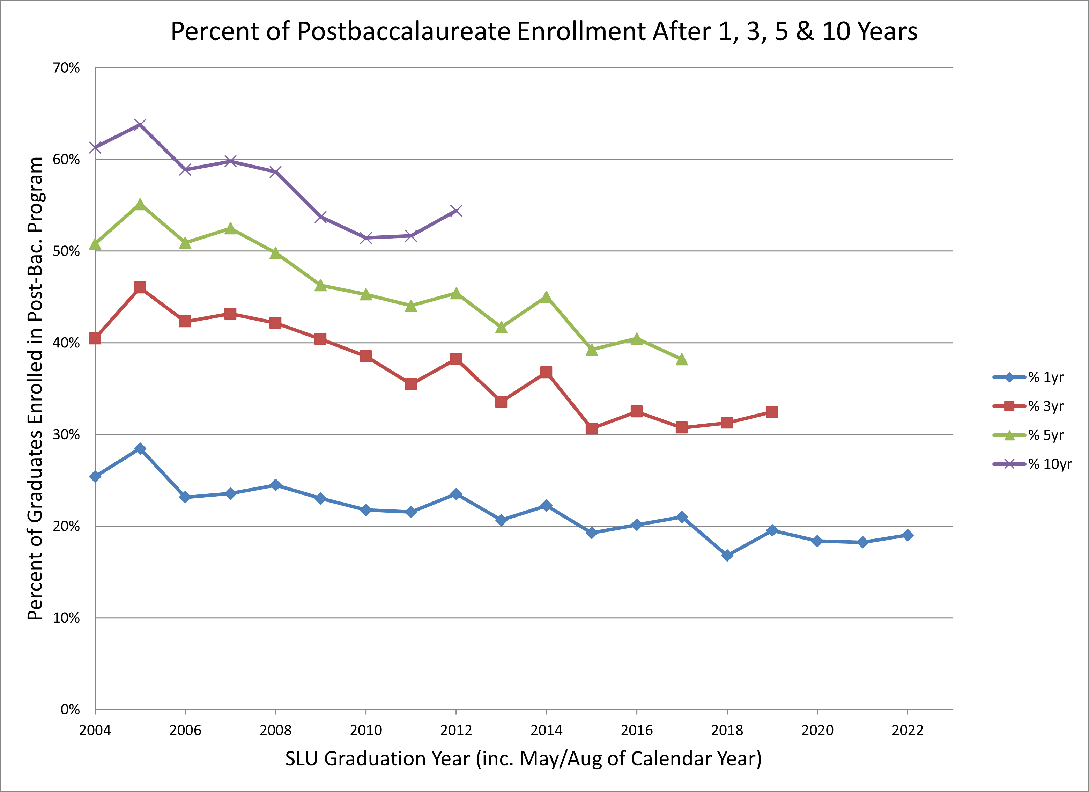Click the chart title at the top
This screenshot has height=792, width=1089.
pos(544,32)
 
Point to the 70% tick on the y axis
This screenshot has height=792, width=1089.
pos(66,68)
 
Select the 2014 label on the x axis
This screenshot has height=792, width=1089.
pos(546,731)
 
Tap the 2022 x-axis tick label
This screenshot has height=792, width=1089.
pos(907,731)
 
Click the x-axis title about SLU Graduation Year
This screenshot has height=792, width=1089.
pos(523,759)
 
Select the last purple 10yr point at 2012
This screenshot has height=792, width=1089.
pos(456,211)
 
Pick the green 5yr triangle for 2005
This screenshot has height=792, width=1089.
pos(140,205)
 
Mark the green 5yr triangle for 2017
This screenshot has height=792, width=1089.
pos(681,359)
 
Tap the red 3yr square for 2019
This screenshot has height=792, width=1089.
pos(772,412)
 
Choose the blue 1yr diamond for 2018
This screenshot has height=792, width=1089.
pos(727,555)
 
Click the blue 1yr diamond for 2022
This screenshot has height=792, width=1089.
pos(907,535)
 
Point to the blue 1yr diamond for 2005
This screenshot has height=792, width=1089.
pos(140,449)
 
